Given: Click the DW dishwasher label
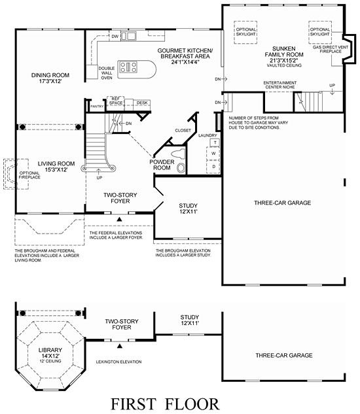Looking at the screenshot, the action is click(x=115, y=37).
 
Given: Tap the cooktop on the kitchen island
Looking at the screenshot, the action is click(x=128, y=67).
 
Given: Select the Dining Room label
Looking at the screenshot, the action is click(x=50, y=78).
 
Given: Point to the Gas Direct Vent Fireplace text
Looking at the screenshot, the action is click(x=331, y=49).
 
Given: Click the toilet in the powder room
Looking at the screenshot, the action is click(x=179, y=154).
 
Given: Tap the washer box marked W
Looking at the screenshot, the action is click(x=213, y=154).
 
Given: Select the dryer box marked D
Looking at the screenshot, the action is click(x=213, y=167).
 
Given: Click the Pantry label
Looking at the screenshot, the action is click(x=97, y=107).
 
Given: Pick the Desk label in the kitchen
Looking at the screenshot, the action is click(x=142, y=103).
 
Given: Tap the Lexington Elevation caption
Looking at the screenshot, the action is click(x=118, y=362).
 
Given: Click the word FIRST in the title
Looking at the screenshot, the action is click(x=134, y=404).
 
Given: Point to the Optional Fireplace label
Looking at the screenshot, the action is click(x=29, y=175).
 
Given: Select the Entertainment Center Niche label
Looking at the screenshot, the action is click(x=280, y=85).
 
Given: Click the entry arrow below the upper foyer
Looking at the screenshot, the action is click(x=120, y=219).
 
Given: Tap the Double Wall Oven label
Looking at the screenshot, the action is click(x=107, y=73).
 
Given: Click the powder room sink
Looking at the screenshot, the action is click(x=181, y=168).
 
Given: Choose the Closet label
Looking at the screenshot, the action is click(x=183, y=130).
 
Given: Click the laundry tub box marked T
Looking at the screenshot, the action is click(x=215, y=143).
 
